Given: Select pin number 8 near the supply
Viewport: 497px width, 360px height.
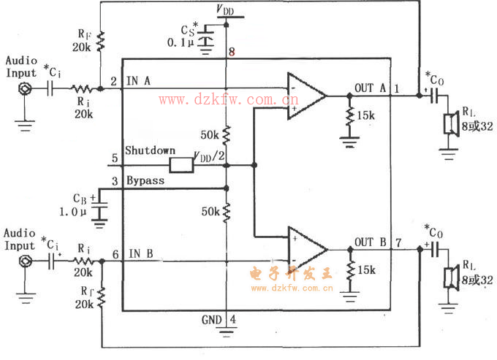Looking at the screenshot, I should pyautogui.click(x=231, y=52).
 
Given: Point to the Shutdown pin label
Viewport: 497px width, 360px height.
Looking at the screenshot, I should pyautogui.click(x=150, y=150).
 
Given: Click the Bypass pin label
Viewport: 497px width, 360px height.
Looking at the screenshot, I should pyautogui.click(x=146, y=180).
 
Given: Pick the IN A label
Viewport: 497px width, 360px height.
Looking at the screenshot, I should pyautogui.click(x=139, y=81).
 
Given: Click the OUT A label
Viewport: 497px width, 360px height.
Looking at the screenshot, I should pyautogui.click(x=369, y=88).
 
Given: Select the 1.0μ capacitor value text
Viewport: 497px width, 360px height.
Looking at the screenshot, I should pyautogui.click(x=74, y=212).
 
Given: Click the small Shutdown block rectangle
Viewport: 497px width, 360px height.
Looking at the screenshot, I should pyautogui.click(x=181, y=164).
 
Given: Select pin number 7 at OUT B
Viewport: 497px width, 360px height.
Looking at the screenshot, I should pyautogui.click(x=398, y=242).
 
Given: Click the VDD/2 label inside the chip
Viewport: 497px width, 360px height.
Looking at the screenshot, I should pyautogui.click(x=208, y=156).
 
